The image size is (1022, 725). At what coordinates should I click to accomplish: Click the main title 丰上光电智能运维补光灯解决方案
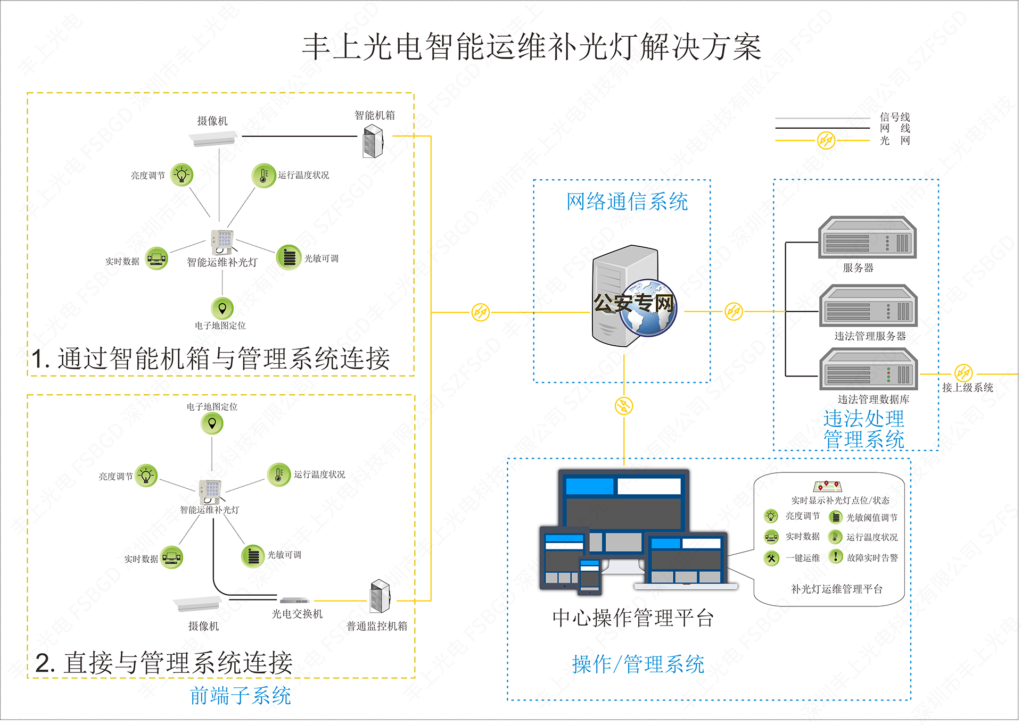click(531, 47)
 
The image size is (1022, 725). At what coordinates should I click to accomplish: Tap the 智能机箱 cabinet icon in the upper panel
click(373, 141)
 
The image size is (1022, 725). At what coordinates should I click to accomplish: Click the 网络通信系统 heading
click(627, 202)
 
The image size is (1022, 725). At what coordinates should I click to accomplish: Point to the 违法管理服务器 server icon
click(868, 306)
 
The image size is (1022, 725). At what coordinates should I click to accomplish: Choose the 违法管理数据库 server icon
click(868, 369)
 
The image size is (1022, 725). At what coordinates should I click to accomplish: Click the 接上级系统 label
click(967, 388)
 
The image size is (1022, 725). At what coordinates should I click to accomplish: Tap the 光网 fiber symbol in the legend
click(826, 140)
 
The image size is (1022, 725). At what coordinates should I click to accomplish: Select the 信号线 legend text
click(894, 116)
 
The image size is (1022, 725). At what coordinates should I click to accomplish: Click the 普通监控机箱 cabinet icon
click(380, 596)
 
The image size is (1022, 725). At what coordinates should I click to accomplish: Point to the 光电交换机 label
click(297, 614)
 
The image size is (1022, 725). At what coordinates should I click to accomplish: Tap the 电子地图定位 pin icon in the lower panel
click(212, 423)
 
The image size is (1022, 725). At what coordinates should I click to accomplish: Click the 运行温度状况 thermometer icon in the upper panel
click(263, 175)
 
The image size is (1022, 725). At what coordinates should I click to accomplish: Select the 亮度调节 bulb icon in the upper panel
click(182, 174)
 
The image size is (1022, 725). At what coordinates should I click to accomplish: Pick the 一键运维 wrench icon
click(771, 558)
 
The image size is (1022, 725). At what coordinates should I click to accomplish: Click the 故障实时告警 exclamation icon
click(836, 557)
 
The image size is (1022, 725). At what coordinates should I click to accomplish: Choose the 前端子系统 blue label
click(241, 696)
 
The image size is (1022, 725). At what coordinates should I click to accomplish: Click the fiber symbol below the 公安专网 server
click(624, 406)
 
